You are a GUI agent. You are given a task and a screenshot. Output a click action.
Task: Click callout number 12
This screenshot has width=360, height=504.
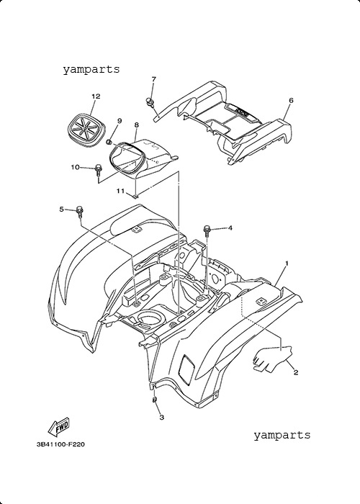96,96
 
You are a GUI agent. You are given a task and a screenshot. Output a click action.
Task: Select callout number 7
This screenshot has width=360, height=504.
153,79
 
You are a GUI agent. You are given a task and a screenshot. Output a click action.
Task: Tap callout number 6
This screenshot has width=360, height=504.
291,100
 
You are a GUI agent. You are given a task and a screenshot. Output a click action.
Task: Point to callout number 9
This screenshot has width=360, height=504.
120,120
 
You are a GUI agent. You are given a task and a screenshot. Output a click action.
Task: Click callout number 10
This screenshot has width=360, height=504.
75,167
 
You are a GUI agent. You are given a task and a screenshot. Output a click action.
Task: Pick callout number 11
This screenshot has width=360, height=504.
120,192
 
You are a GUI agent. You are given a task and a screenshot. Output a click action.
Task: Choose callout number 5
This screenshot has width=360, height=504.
61,210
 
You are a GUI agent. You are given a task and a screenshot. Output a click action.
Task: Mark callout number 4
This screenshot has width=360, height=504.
230,228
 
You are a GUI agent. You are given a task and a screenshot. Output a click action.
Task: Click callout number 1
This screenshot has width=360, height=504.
287,264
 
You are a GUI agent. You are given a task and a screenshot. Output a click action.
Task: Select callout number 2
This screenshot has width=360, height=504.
296,372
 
